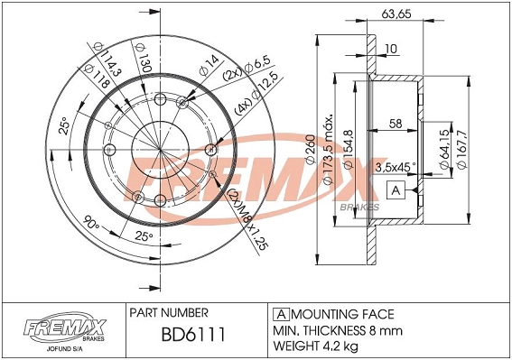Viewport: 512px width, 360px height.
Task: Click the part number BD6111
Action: point(193,334)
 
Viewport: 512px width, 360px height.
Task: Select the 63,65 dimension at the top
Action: point(396,14)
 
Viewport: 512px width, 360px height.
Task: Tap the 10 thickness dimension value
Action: point(391,49)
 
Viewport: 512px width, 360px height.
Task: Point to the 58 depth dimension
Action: point(396,124)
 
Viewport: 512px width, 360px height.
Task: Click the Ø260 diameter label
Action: point(310,149)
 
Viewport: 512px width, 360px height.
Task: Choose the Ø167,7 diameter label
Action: point(462,149)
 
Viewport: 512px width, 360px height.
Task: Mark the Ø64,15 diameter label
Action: point(445,149)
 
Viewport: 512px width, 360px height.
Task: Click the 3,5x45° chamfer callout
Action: point(396,168)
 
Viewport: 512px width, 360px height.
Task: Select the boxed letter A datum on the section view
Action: point(396,190)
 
